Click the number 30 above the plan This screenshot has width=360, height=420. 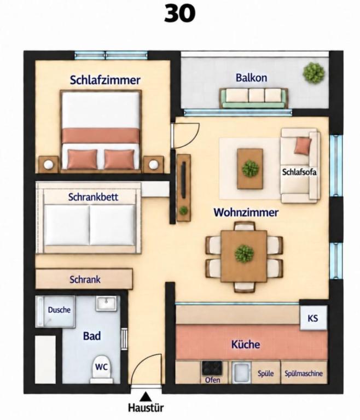[x=179, y=14]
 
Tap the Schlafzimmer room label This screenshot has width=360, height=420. [x=105, y=80]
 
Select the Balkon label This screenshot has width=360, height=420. [x=251, y=78]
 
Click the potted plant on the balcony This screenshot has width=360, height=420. [x=313, y=73]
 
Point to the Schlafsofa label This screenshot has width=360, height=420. [x=299, y=172]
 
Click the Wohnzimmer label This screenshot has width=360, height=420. [x=246, y=212]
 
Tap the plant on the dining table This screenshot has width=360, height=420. [x=244, y=253]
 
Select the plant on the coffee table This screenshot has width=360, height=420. [x=251, y=168]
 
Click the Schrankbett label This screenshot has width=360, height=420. [x=93, y=197]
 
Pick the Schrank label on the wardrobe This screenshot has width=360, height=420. [x=85, y=279]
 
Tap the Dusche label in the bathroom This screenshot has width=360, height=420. [x=59, y=310]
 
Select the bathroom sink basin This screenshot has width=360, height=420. [x=106, y=303]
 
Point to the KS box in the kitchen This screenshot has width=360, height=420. [x=313, y=318]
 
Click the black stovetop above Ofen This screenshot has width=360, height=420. [x=212, y=367]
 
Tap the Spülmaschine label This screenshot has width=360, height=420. [x=304, y=374]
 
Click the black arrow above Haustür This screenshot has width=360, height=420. [x=146, y=396]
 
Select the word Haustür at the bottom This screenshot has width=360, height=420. [x=146, y=407]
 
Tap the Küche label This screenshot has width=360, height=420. [x=246, y=344]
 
